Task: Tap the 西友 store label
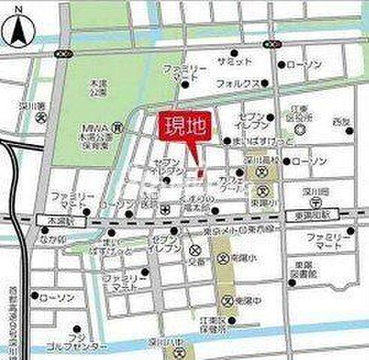(341, 121)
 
